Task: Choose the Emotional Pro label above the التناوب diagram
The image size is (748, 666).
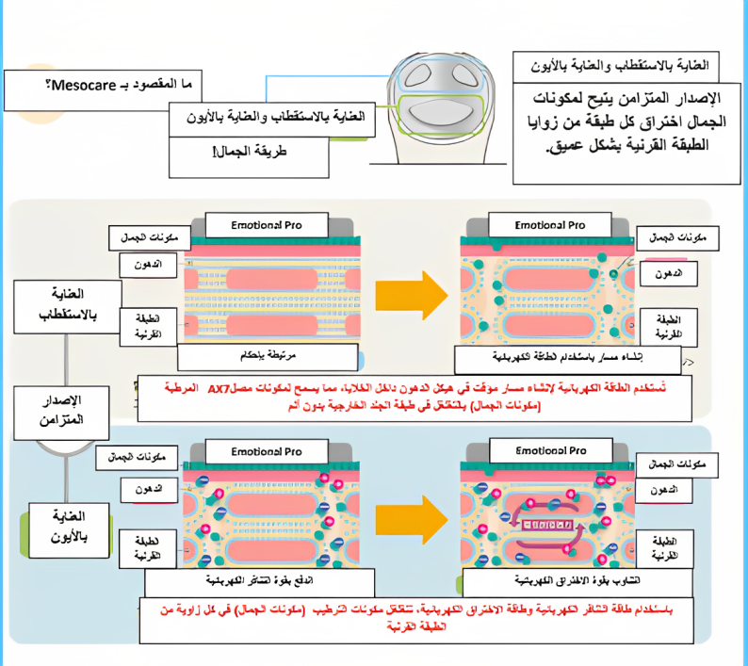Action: tap(550, 451)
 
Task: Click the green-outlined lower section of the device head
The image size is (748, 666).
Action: tap(441, 114)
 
